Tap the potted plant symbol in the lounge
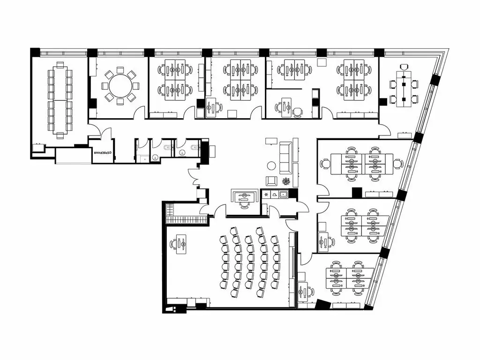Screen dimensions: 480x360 286,181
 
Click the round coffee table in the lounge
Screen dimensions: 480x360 271,165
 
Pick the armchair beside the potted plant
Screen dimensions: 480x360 271,181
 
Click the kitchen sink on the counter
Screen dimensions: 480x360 284,194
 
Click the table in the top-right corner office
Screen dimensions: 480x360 404,89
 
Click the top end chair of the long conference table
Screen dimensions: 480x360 60,65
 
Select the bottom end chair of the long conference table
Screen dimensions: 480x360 60,135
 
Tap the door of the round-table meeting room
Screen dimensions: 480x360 140,112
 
